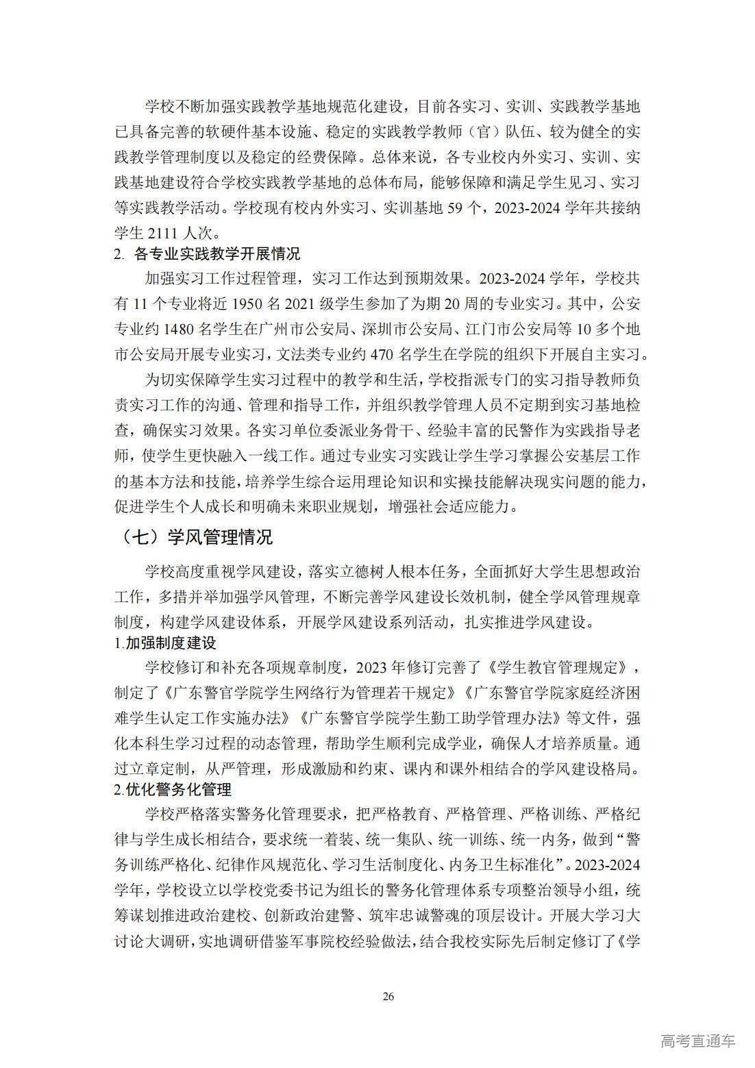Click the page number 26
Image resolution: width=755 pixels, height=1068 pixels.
click(388, 996)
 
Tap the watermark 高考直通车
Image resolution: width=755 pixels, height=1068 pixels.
click(698, 1041)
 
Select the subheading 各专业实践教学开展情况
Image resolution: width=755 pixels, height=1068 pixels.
click(217, 254)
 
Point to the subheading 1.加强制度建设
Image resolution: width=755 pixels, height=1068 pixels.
click(165, 643)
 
